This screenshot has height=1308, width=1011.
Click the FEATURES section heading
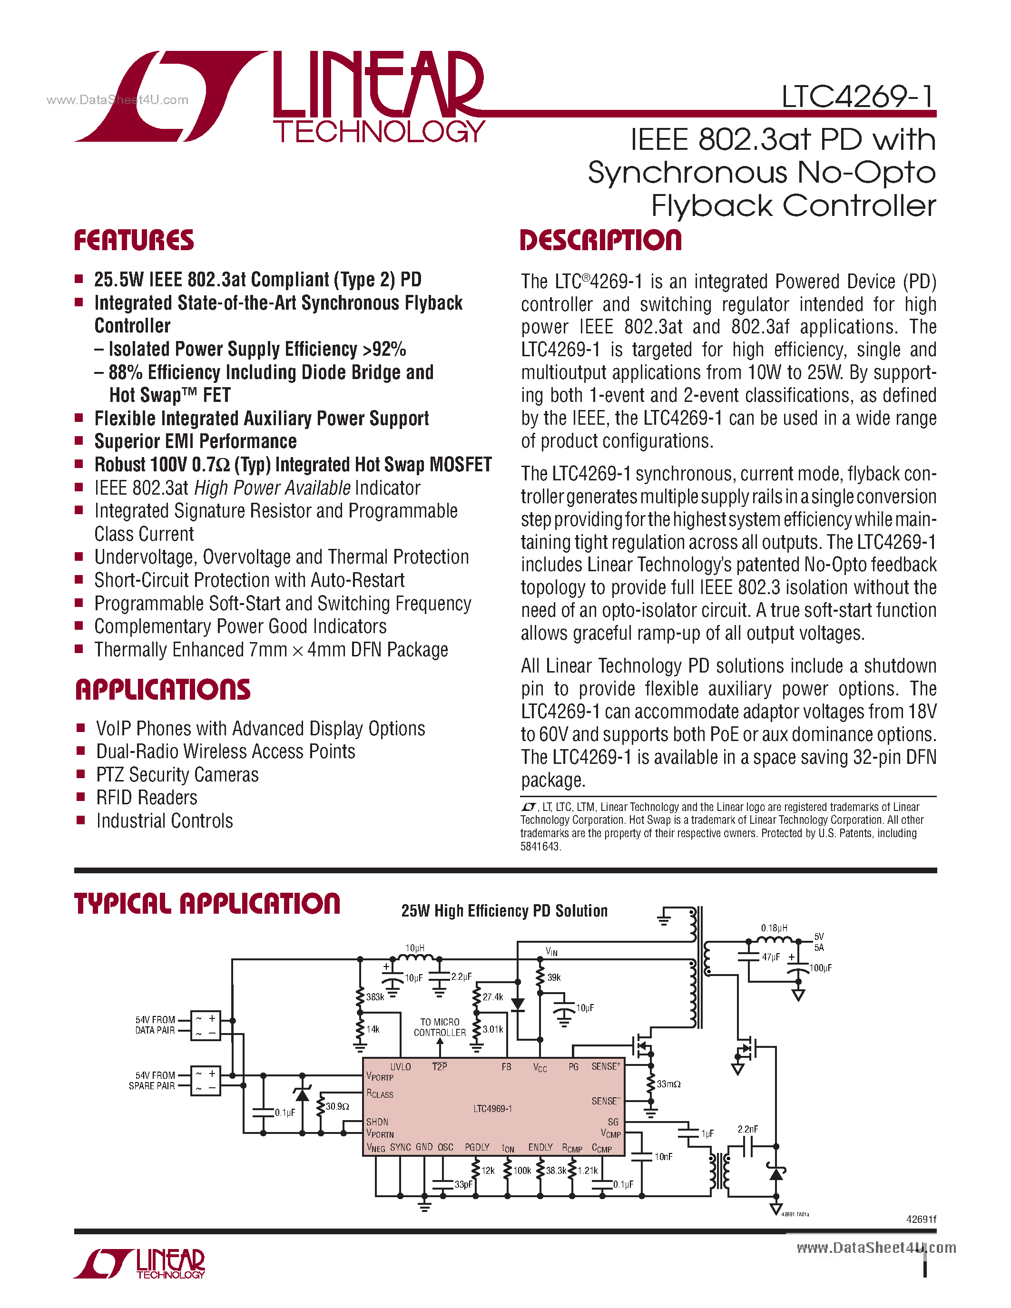(134, 240)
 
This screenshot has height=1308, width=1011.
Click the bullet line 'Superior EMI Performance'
(195, 441)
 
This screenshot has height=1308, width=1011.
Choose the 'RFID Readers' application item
(147, 798)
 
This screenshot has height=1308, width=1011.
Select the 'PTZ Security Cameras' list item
(177, 775)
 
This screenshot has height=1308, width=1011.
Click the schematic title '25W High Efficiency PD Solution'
(504, 911)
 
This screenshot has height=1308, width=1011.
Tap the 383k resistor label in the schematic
(375, 997)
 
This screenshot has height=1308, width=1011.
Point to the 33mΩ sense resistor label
(668, 1084)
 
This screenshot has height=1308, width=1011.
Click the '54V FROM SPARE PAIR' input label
(153, 1081)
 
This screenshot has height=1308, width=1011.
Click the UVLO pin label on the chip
(401, 1067)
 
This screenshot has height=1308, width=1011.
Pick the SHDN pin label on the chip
(377, 1122)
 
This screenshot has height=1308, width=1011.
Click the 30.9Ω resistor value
(337, 1106)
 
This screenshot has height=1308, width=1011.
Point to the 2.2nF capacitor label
(747, 1129)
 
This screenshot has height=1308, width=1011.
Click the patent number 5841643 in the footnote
(540, 846)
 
